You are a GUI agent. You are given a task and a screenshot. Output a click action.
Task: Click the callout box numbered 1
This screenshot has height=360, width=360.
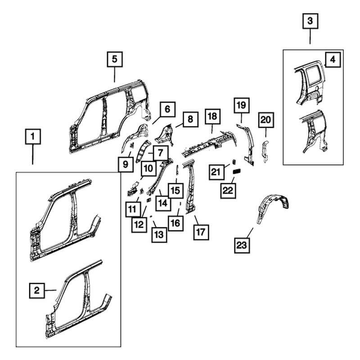(33, 137)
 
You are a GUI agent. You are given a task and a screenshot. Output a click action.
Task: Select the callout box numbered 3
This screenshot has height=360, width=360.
(310, 21)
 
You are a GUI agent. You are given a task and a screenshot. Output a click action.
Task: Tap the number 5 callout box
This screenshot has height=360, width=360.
(115, 59)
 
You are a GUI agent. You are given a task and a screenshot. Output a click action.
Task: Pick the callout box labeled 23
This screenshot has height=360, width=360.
(242, 245)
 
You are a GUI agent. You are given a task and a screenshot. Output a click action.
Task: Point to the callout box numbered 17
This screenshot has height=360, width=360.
(201, 232)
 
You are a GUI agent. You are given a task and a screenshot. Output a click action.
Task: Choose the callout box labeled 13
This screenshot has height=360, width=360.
(159, 234)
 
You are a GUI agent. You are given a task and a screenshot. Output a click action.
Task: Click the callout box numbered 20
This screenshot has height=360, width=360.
(266, 120)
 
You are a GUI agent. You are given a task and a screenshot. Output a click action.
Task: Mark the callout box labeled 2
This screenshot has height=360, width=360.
(37, 291)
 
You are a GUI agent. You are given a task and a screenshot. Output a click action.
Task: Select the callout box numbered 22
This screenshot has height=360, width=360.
(228, 190)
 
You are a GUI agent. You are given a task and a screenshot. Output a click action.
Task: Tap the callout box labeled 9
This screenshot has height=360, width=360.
(126, 164)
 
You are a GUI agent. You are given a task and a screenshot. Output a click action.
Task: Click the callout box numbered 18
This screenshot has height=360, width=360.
(212, 117)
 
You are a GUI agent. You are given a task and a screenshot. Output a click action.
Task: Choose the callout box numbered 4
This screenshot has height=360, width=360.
(333, 59)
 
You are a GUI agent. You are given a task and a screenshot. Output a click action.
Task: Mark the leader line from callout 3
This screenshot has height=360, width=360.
(310, 36)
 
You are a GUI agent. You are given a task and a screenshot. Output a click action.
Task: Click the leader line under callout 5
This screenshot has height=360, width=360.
(115, 75)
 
